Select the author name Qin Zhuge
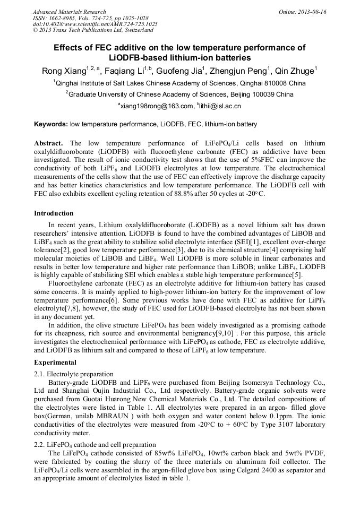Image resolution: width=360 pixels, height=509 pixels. click(x=296, y=70)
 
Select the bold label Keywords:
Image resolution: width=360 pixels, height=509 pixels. click(x=50, y=124)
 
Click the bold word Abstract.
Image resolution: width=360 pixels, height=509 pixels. click(x=48, y=143)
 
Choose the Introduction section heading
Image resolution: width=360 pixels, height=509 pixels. click(x=54, y=213)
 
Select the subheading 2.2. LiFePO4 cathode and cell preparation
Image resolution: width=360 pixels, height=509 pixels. click(x=95, y=444)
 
